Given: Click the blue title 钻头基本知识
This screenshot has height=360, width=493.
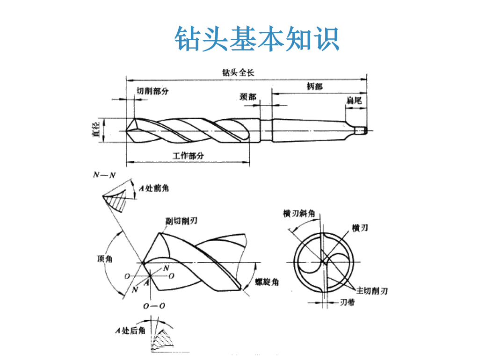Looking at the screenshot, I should (257, 38).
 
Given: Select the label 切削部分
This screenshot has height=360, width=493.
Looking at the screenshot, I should (152, 91).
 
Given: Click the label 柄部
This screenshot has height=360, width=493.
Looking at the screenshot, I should (314, 86).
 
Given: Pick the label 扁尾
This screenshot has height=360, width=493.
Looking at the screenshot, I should (354, 100).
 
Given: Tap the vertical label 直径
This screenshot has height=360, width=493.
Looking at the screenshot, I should (96, 130).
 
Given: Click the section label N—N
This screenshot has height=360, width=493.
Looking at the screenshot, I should (104, 176).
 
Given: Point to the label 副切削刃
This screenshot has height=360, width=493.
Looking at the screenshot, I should (181, 221).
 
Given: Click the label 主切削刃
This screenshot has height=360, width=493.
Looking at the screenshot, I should (372, 290).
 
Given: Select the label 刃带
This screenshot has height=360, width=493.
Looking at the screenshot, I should (347, 302).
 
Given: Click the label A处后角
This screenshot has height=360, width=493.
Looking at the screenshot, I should (130, 331).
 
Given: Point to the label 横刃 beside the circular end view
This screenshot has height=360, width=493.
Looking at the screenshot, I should (360, 228).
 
